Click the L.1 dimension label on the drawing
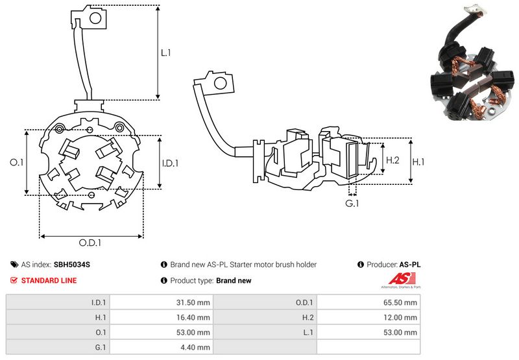166,53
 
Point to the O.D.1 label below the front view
91,243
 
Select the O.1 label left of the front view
18,163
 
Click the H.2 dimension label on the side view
393,160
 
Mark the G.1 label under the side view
352,204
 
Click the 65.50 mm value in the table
402,302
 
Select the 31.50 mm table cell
194,302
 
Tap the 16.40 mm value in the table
194,317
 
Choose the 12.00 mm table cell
402,317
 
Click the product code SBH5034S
72,265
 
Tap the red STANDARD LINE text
49,280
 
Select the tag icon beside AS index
14,265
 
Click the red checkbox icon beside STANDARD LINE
14,280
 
